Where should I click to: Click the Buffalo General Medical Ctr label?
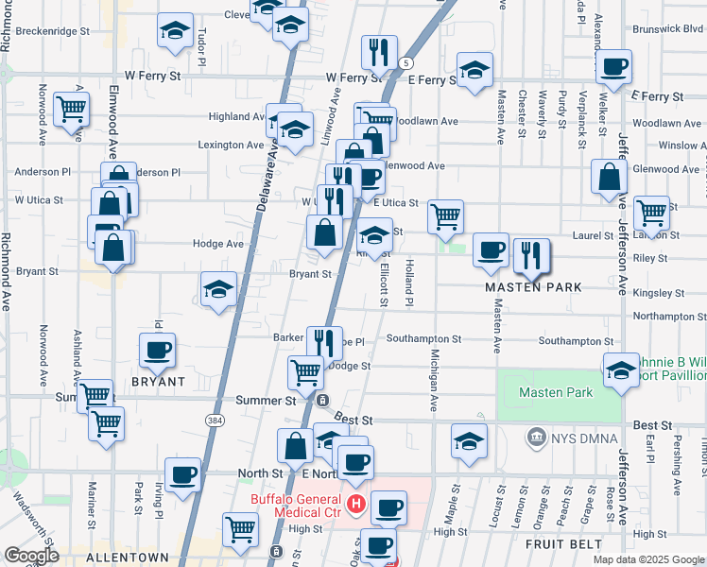[x=295, y=507]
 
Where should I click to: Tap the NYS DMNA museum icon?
[x=537, y=437]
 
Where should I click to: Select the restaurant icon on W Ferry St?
[x=378, y=52]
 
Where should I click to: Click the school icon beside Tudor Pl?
[x=174, y=31]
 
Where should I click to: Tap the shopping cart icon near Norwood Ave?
[x=71, y=109]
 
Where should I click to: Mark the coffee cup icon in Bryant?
[x=157, y=350]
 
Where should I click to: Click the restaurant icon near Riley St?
[x=530, y=253]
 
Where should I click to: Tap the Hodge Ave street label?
[x=218, y=243]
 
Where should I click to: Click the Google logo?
[x=31, y=556]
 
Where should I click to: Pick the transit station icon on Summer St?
[x=323, y=400]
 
